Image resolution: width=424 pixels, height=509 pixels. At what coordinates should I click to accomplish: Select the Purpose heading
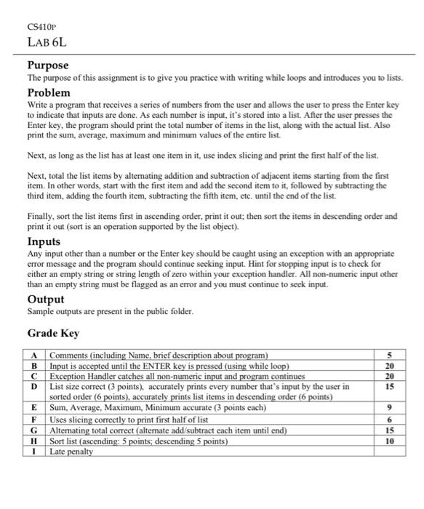[48, 65]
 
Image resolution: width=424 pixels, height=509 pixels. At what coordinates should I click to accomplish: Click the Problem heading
[49, 92]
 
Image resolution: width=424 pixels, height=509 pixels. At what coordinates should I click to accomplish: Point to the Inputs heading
[44, 241]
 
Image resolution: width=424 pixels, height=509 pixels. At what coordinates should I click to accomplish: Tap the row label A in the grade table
[35, 355]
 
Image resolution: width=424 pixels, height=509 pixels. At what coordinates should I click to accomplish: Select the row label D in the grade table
[35, 386]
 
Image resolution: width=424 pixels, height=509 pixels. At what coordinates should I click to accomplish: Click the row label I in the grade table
[35, 451]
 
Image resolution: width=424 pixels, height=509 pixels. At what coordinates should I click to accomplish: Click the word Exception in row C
[68, 375]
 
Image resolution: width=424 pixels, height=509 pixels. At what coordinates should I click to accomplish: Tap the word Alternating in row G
[73, 430]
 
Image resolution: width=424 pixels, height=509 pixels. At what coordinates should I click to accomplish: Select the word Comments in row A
[69, 355]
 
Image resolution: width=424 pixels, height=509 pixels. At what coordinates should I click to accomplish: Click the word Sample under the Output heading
[41, 310]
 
